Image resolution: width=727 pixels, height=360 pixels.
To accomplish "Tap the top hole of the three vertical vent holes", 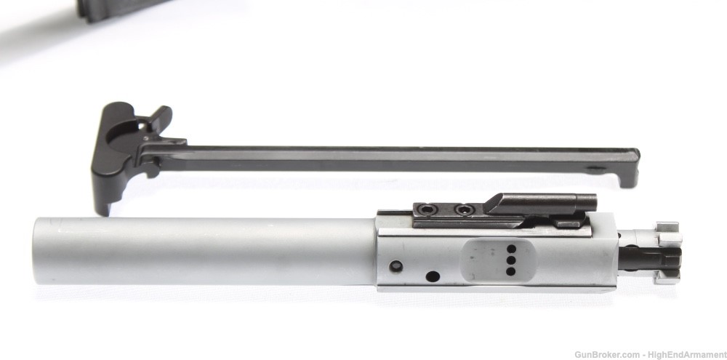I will [x=510, y=249].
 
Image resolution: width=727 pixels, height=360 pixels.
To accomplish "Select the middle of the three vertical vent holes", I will [x=510, y=260].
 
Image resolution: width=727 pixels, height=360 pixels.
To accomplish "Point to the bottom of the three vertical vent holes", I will [x=510, y=271].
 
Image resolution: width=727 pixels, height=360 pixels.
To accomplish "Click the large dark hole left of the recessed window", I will [x=433, y=276].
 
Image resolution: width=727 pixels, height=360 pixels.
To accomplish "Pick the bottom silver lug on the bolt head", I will [x=667, y=276].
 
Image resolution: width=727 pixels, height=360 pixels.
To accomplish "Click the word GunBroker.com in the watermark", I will [x=603, y=353].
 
